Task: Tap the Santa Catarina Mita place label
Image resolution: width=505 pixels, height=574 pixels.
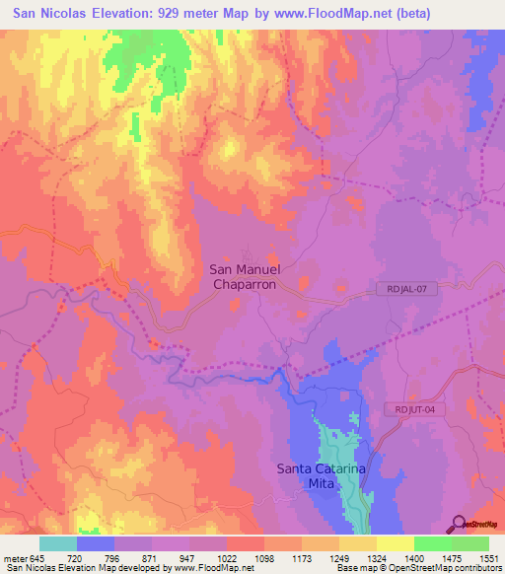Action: (x=322, y=476)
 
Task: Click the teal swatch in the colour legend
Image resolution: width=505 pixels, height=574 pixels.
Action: (x=58, y=543)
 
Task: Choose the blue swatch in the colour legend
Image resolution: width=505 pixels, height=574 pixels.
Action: (x=96, y=543)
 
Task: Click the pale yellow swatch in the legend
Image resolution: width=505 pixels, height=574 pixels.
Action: (x=395, y=543)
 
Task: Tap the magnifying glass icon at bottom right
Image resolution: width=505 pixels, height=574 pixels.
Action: (x=460, y=524)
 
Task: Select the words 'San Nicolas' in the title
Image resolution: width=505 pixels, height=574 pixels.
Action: (x=48, y=13)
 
